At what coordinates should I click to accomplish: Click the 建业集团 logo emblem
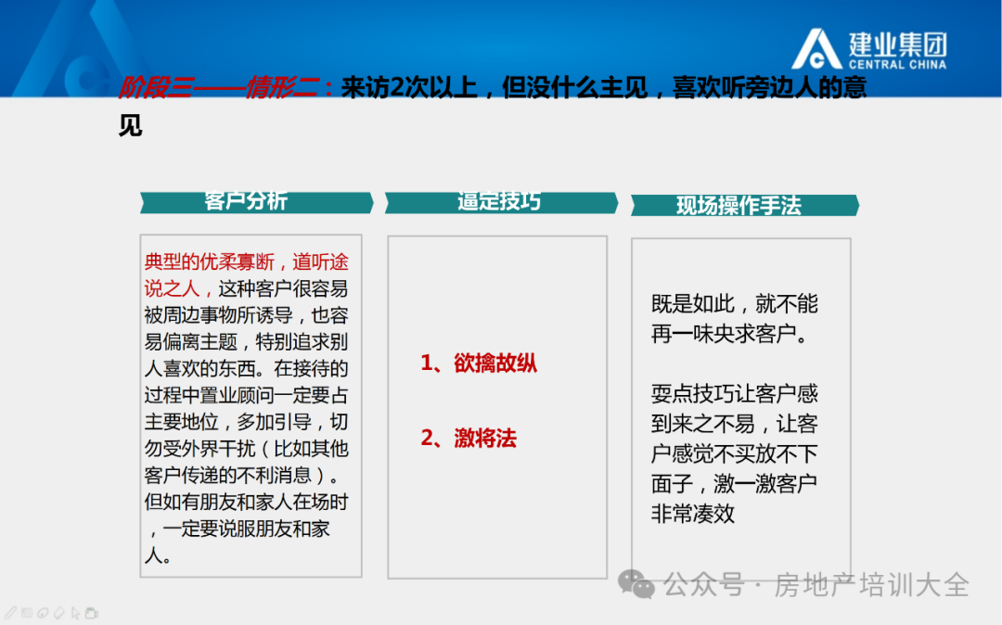coord(816,49)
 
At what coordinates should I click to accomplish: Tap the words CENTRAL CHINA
coord(897,65)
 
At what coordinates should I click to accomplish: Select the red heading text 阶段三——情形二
coord(219,87)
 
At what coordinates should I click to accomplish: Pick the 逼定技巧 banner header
coord(501,202)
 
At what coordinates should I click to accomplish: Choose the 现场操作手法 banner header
coord(745,206)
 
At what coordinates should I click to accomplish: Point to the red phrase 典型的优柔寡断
coord(209,261)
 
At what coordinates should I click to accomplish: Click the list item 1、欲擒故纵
coord(479,364)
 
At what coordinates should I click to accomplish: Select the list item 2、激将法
coord(469,438)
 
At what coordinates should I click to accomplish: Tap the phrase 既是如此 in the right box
coord(693,304)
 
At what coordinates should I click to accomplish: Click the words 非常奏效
coord(693,514)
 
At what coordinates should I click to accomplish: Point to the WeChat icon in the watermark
coord(636,584)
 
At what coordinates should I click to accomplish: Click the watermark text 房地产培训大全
coord(871,585)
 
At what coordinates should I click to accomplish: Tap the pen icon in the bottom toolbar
coord(11,614)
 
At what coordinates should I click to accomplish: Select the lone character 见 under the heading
coord(131,125)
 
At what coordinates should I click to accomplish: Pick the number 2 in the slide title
coord(396,87)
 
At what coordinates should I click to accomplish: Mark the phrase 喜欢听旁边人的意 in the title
coord(769,87)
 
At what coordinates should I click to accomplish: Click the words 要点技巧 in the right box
coord(693,394)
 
